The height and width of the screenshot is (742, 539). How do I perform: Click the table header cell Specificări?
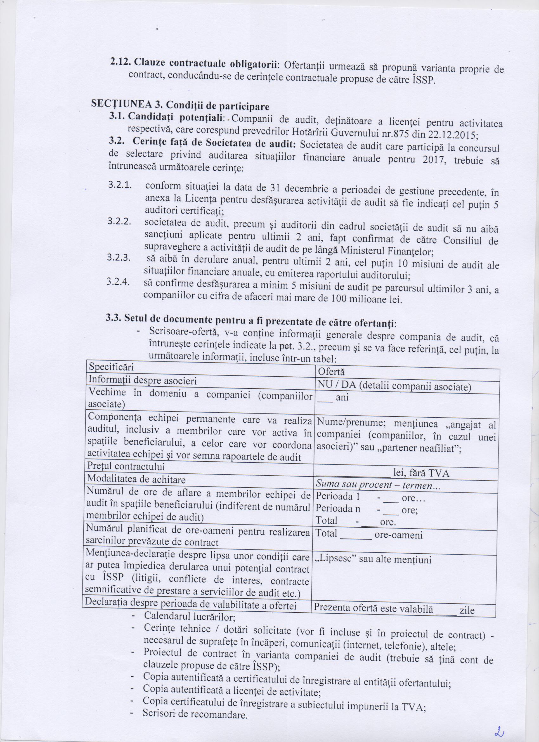click(111, 367)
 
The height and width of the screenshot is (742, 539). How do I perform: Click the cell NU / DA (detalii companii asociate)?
click(394, 387)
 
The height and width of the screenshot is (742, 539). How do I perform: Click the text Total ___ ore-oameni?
click(370, 535)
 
